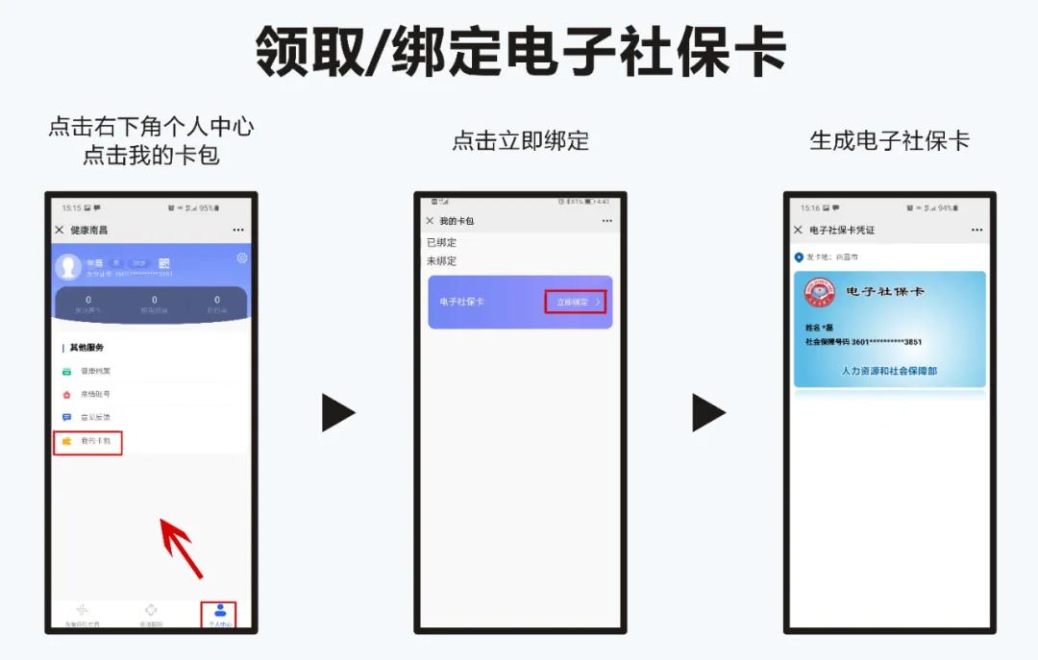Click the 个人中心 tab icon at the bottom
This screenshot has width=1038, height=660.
pyautogui.click(x=220, y=611)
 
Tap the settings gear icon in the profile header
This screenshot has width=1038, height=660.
pyautogui.click(x=241, y=257)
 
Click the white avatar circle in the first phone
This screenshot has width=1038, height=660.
pyautogui.click(x=68, y=266)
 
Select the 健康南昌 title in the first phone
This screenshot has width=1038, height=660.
pyautogui.click(x=89, y=231)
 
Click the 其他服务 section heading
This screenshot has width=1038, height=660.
pyautogui.click(x=86, y=347)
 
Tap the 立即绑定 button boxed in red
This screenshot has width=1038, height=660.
pyautogui.click(x=576, y=302)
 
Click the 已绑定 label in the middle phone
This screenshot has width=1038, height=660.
pyautogui.click(x=442, y=242)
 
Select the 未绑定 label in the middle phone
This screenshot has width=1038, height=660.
pyautogui.click(x=442, y=260)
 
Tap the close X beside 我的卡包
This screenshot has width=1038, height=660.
pyautogui.click(x=430, y=221)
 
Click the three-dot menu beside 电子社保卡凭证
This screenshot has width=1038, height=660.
pyautogui.click(x=976, y=231)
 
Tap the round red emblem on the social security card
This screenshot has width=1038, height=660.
pyautogui.click(x=820, y=294)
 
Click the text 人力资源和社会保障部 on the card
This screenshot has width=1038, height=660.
pyautogui.click(x=889, y=370)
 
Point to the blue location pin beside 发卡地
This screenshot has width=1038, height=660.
pyautogui.click(x=799, y=257)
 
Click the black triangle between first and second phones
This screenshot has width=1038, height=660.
pyautogui.click(x=337, y=412)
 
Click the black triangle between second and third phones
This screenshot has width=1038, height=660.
pyautogui.click(x=707, y=412)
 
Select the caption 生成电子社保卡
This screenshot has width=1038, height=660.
pyautogui.click(x=889, y=141)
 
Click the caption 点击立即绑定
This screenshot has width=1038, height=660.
pyautogui.click(x=520, y=141)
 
